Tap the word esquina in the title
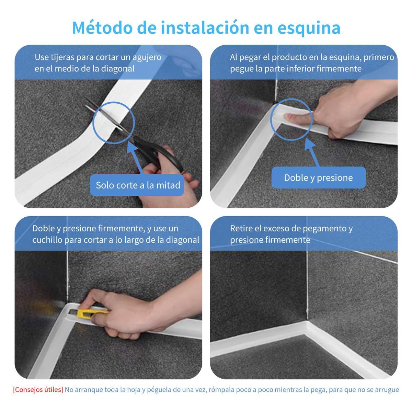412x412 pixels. pyautogui.click(x=309, y=28)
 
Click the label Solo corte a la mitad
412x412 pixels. pyautogui.click(x=138, y=185)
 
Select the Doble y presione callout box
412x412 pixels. pyautogui.click(x=318, y=178)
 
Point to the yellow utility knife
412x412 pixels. pyautogui.click(x=90, y=313)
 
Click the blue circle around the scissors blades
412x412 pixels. pyautogui.click(x=114, y=123)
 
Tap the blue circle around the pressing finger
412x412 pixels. pyautogui.click(x=291, y=119)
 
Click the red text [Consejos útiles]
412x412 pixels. pyautogui.click(x=38, y=390)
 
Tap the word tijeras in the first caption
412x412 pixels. pyautogui.click(x=62, y=57)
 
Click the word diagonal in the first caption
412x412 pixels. pyautogui.click(x=117, y=68)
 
